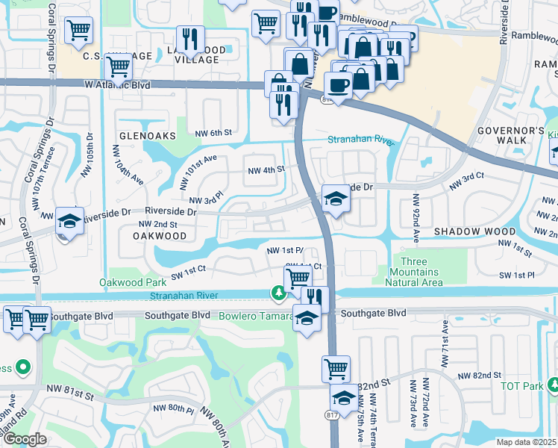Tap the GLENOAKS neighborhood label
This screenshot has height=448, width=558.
(x=147, y=136)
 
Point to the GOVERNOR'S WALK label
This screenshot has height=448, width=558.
(x=511, y=137)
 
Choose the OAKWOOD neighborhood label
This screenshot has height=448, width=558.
(x=160, y=236)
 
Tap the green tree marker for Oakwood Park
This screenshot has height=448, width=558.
(x=278, y=293)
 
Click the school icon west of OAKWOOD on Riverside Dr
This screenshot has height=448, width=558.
(x=69, y=222)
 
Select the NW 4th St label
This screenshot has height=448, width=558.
(x=266, y=169)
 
